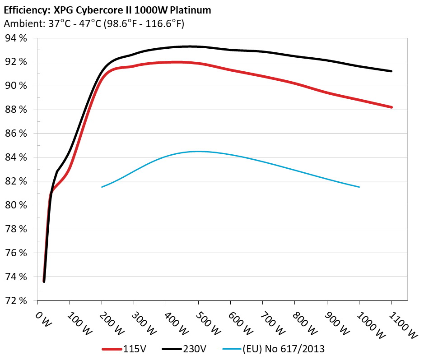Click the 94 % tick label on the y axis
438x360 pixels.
coord(16,38)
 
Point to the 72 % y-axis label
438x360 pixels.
coord(16,300)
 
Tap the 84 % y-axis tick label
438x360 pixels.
coord(16,157)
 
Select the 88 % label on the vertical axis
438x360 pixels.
coord(16,110)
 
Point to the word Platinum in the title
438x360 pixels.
coord(191,9)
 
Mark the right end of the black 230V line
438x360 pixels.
coord(391,71)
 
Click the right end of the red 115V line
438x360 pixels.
coord(391,107)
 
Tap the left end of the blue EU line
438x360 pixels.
coord(102,187)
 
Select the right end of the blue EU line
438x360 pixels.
coord(359,187)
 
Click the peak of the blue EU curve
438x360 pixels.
coord(199,151)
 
